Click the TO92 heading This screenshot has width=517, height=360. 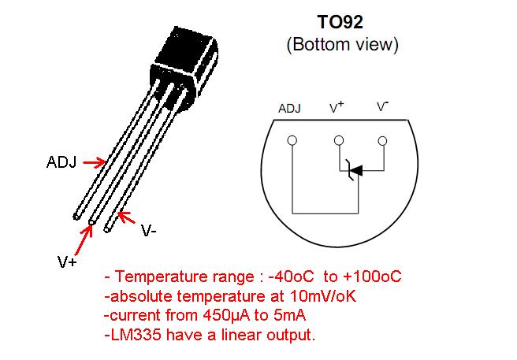(x=340, y=22)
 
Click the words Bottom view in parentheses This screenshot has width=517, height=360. (x=343, y=44)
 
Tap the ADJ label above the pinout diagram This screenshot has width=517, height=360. (x=289, y=109)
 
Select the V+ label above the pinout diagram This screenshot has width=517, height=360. (x=337, y=107)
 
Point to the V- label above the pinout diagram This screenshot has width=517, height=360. (x=383, y=106)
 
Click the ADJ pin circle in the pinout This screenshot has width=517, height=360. (x=292, y=141)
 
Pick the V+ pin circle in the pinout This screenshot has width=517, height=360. (x=339, y=141)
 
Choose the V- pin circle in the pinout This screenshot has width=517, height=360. (x=382, y=141)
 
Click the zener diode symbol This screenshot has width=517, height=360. (x=355, y=170)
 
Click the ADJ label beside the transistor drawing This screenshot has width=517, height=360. (x=61, y=162)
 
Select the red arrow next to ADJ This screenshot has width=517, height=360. (x=95, y=162)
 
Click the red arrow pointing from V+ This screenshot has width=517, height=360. (x=84, y=239)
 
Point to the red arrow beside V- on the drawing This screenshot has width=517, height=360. (x=127, y=217)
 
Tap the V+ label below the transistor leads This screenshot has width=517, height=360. (x=67, y=262)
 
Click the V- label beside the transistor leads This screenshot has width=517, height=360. (x=149, y=231)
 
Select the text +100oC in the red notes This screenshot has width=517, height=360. (x=372, y=276)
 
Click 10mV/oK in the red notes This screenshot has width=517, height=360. (x=323, y=296)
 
